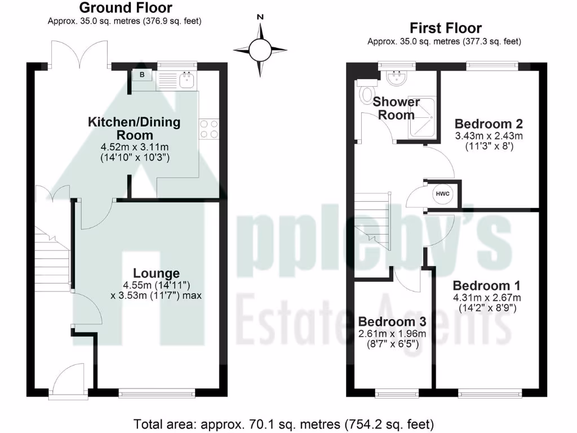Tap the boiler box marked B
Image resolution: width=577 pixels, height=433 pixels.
[x=142, y=75]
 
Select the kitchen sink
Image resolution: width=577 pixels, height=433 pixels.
[x=187, y=81]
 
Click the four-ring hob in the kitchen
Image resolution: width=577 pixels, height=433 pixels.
[x=208, y=129]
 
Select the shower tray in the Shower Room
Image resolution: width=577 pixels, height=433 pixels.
[x=423, y=116]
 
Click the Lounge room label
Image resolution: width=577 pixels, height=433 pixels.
[x=157, y=274]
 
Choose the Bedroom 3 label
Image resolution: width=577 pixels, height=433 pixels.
[x=392, y=322]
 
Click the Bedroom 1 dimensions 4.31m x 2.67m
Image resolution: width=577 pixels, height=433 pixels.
[x=487, y=298]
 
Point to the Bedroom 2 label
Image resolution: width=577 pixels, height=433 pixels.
[x=489, y=124]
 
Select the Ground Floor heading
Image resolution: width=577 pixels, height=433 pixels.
[x=125, y=8]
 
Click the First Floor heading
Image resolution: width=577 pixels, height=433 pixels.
[x=445, y=28]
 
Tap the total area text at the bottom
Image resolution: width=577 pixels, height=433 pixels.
[x=283, y=423]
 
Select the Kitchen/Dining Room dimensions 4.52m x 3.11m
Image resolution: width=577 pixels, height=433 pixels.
[x=134, y=148]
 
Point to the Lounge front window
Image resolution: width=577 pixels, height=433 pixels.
[x=157, y=390]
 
